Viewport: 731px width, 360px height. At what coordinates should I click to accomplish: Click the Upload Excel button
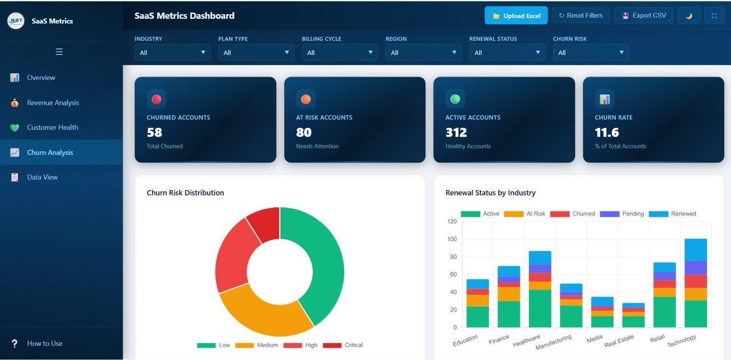(x=516, y=16)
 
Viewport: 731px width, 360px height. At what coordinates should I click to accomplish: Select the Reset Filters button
(x=580, y=16)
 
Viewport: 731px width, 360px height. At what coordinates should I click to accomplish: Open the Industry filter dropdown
(x=172, y=53)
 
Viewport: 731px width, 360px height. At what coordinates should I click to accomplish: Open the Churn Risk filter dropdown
(x=591, y=53)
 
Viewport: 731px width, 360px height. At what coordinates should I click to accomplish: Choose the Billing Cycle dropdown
(x=339, y=53)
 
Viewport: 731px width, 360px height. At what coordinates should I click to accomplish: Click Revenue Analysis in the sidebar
(x=53, y=103)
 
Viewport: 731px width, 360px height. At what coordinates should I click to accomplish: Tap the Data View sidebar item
(x=42, y=177)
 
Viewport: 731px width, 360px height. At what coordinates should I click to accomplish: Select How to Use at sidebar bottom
(x=45, y=343)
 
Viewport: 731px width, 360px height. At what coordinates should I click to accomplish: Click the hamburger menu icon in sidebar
(x=59, y=52)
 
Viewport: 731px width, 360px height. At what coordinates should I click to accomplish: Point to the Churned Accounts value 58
(x=154, y=133)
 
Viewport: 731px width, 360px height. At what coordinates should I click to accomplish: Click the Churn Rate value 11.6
(x=607, y=133)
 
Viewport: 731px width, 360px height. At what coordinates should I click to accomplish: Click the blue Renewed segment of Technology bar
(x=696, y=250)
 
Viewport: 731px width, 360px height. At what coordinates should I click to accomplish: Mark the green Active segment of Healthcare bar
(x=540, y=309)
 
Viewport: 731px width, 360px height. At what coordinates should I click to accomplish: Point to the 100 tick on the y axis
(x=452, y=239)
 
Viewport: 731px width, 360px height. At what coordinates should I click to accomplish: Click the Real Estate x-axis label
(x=619, y=341)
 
